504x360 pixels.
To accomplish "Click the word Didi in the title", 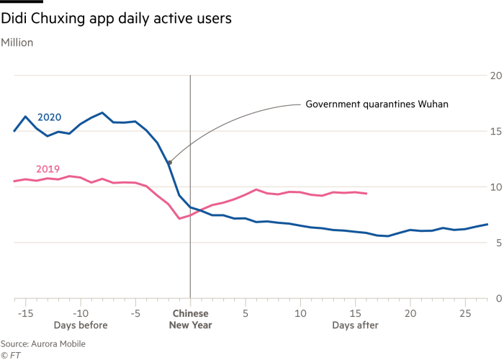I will (15, 19).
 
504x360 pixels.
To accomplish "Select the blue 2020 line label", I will (49, 117).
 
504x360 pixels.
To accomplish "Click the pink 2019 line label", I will (48, 169).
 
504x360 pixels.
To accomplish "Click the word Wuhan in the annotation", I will (433, 104).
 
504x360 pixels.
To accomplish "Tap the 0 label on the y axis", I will (496, 298).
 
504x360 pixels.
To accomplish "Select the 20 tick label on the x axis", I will (411, 314).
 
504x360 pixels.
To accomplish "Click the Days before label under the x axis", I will (81, 326).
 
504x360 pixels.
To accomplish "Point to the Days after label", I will (355, 326).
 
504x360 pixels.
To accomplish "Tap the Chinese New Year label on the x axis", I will (190, 320).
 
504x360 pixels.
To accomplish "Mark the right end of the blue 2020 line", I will (488, 224).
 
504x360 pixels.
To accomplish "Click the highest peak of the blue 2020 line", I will (102, 112).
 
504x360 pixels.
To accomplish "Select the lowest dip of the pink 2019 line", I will (179, 218).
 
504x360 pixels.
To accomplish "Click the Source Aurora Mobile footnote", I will (43, 344).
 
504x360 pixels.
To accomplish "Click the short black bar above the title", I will (22, 2).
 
